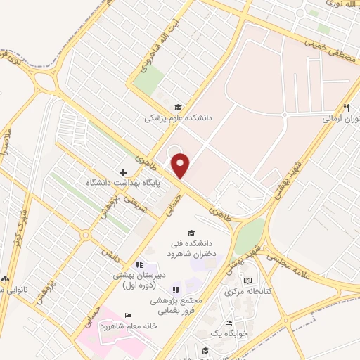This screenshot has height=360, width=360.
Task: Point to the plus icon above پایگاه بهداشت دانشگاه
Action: (x=123, y=172)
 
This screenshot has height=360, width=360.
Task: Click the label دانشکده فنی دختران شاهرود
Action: (x=190, y=248)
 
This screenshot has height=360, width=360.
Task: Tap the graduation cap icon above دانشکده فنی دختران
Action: (x=190, y=233)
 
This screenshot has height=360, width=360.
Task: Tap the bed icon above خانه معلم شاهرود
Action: (x=127, y=315)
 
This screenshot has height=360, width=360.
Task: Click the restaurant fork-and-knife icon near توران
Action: (x=346, y=108)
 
